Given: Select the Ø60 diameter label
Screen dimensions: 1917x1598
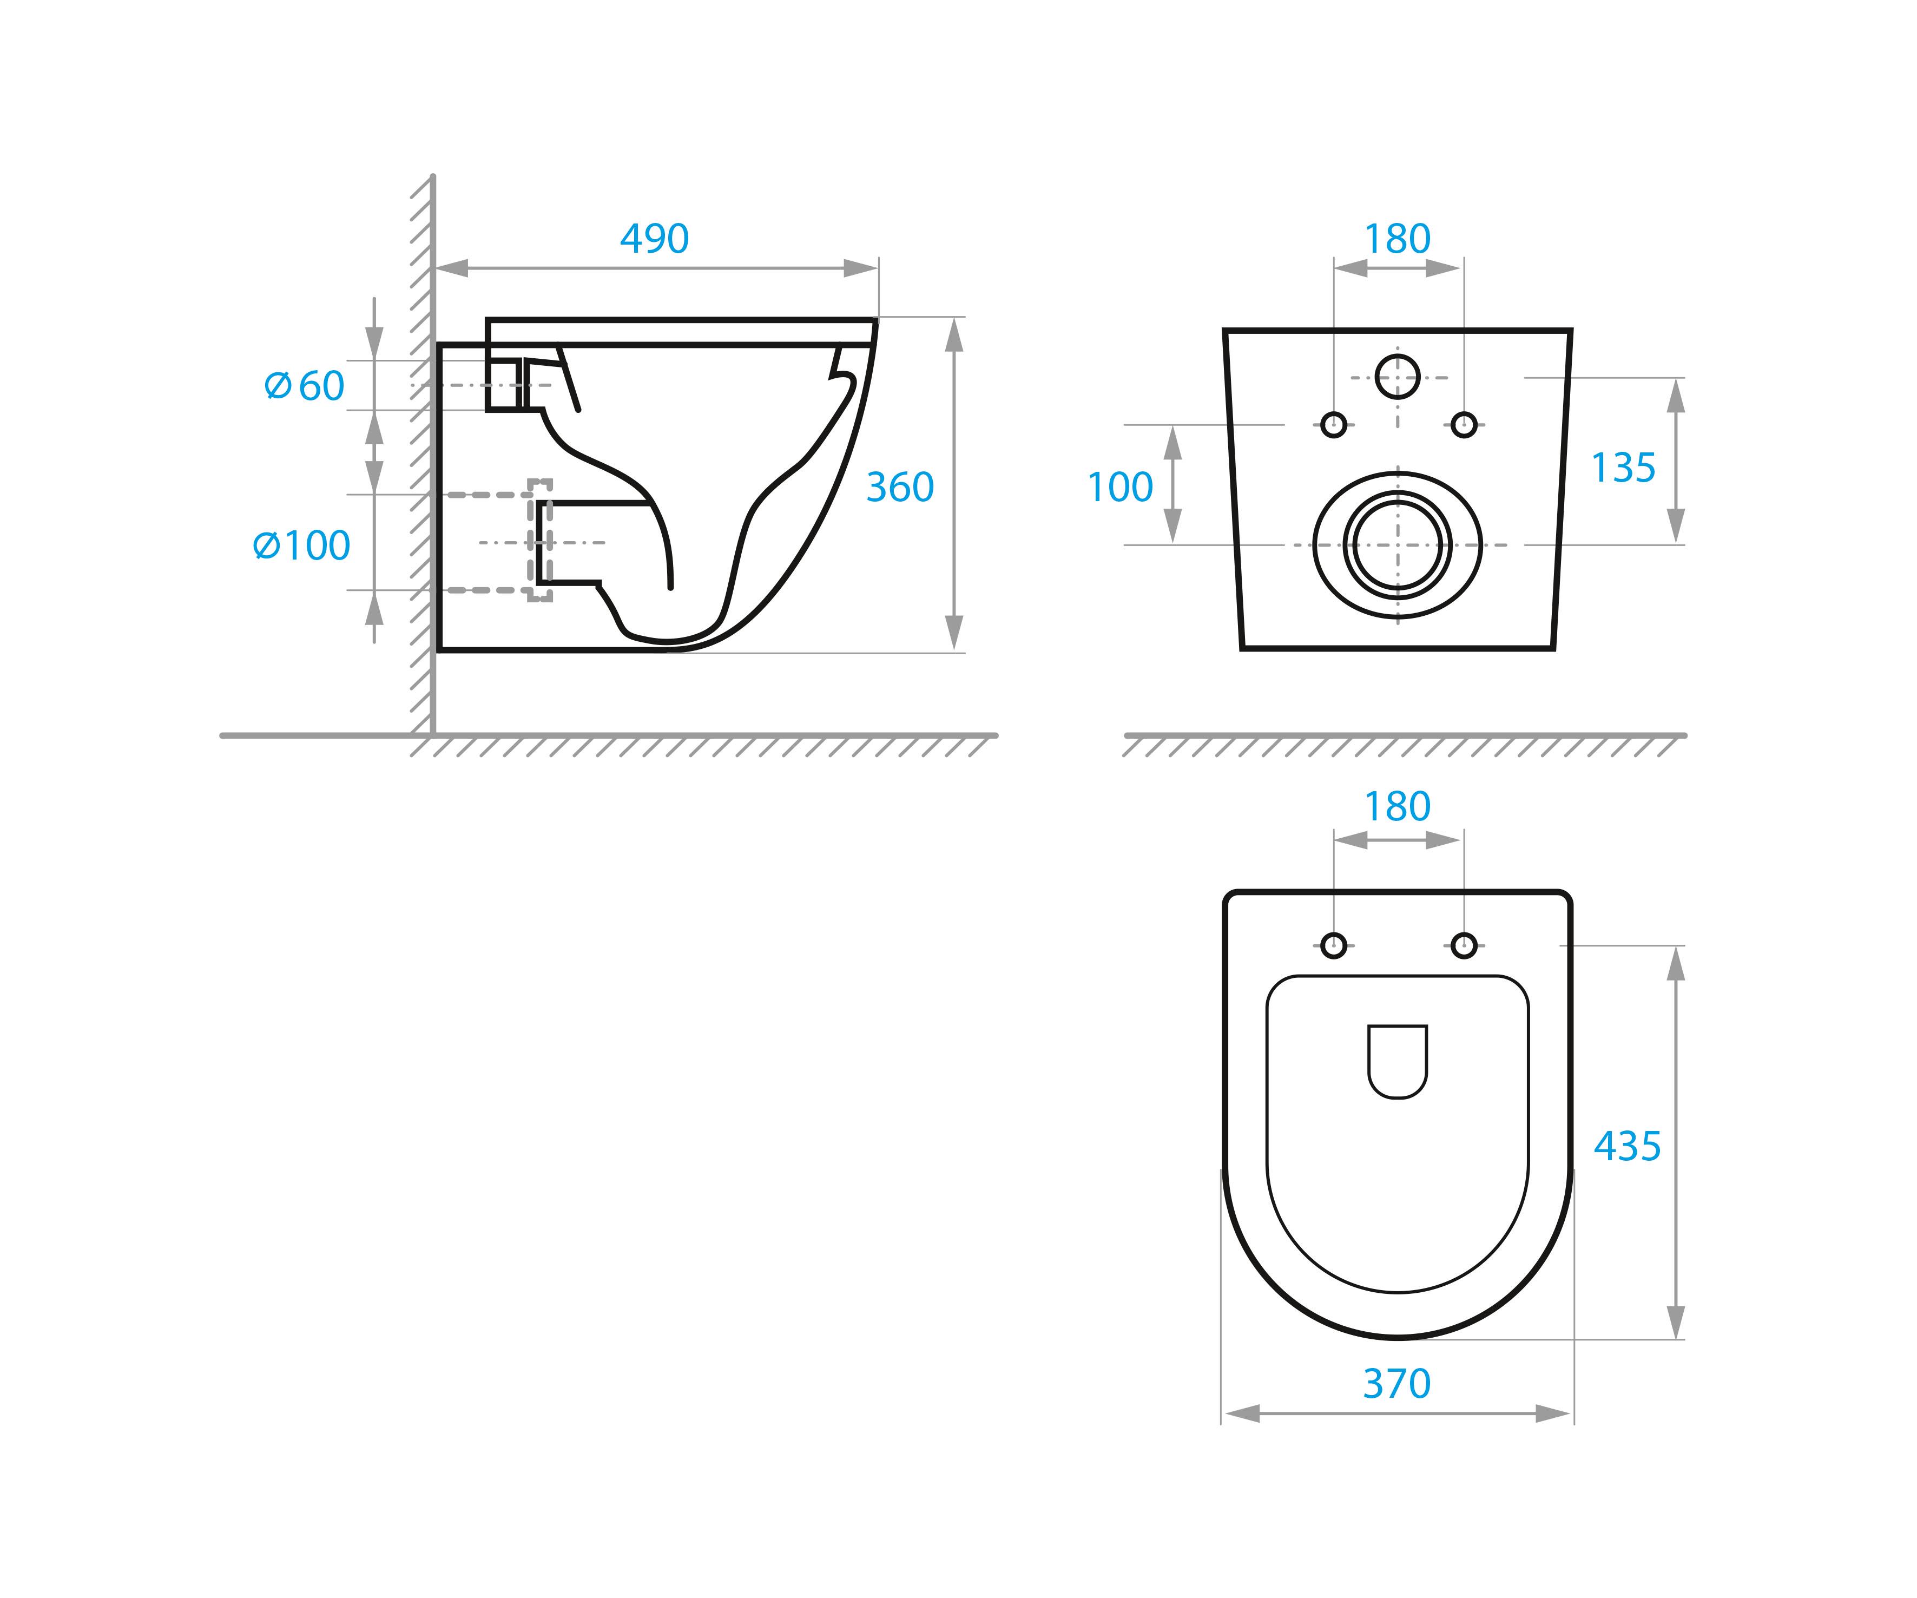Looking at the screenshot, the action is [304, 386].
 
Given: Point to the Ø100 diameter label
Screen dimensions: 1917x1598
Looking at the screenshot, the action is [301, 546].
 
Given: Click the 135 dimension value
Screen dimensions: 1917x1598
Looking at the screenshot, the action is [1623, 469].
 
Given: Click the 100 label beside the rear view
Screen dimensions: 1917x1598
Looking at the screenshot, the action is [1120, 488].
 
